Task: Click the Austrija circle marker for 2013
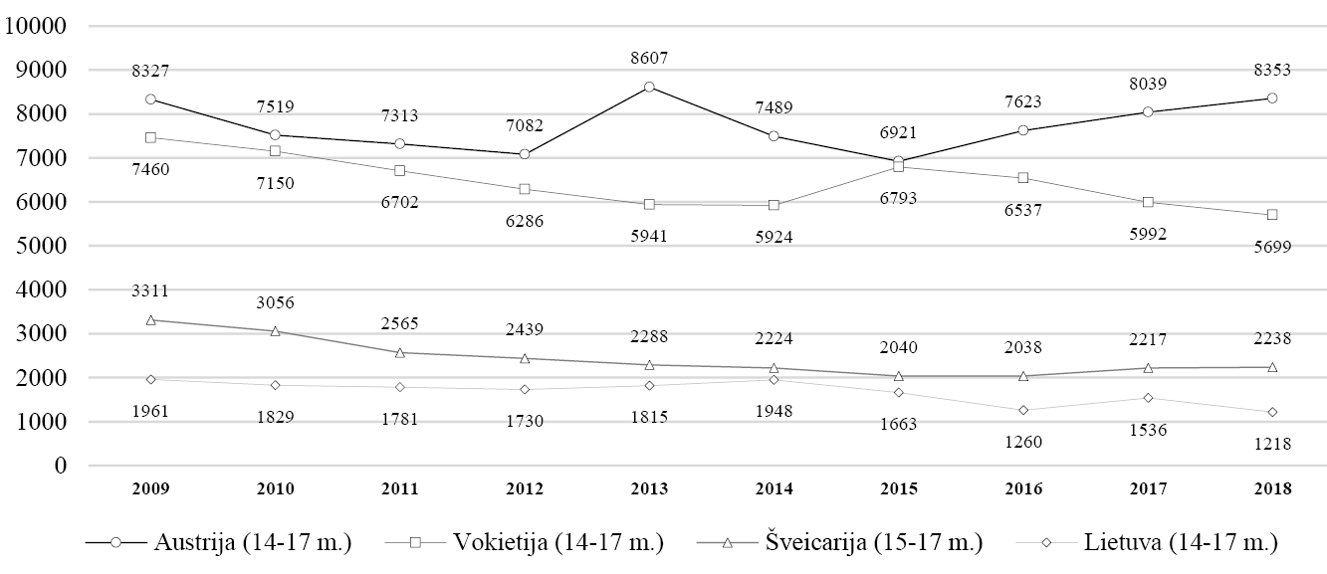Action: click(x=649, y=87)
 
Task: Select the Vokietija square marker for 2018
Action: click(x=1271, y=215)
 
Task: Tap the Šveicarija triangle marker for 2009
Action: click(x=150, y=320)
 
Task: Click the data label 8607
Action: click(x=649, y=59)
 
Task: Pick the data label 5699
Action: click(x=1271, y=246)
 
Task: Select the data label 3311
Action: click(x=150, y=291)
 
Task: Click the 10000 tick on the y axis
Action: click(x=35, y=26)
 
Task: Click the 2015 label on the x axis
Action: click(x=898, y=488)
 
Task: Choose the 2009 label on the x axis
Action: click(x=150, y=488)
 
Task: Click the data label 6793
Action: click(x=898, y=198)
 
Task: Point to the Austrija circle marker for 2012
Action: click(x=525, y=154)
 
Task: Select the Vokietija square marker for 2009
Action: click(x=150, y=137)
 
